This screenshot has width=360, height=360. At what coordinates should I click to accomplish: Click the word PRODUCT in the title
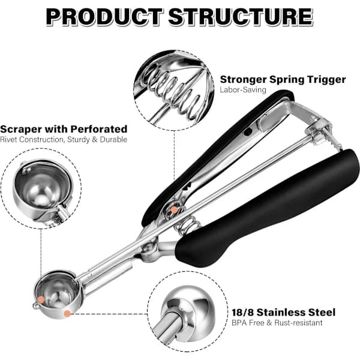(x=104, y=17)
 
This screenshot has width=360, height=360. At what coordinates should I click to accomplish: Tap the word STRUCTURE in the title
(x=241, y=17)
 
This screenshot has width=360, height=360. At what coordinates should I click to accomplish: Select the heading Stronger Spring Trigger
(x=283, y=80)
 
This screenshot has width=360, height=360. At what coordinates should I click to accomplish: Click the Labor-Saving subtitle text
(x=243, y=90)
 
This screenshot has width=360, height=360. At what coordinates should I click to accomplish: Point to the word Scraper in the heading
(x=21, y=129)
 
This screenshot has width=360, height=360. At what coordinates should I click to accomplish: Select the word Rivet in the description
(x=8, y=139)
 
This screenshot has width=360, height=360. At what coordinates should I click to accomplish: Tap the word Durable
(x=113, y=139)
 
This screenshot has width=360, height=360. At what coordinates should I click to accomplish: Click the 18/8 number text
(x=242, y=313)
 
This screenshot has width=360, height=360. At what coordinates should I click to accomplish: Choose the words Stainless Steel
(x=296, y=313)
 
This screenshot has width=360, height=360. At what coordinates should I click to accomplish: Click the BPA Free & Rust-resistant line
(x=277, y=323)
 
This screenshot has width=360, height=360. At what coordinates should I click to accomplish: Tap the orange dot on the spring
(x=175, y=209)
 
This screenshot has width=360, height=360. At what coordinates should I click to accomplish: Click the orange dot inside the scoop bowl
(x=41, y=299)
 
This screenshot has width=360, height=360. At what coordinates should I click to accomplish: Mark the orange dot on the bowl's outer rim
(x=67, y=314)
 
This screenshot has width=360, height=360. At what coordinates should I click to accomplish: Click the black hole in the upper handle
(x=248, y=132)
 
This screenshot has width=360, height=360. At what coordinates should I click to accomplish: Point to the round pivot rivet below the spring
(x=148, y=248)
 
